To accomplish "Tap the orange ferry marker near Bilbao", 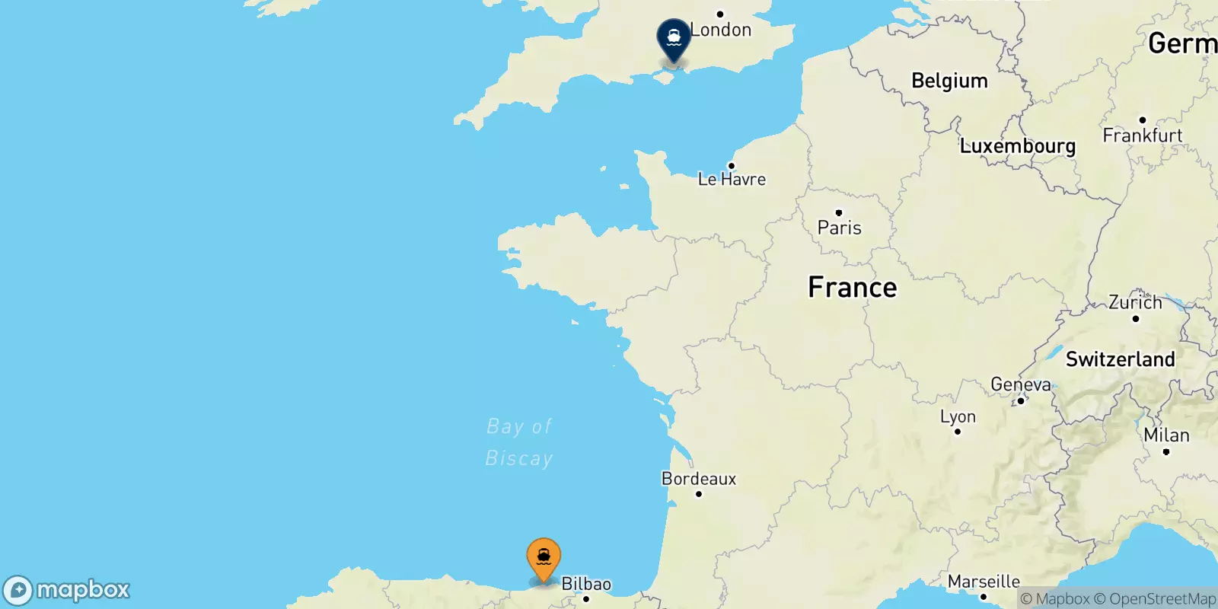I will pyautogui.click(x=544, y=558).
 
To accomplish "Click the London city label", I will pyautogui.click(x=721, y=30).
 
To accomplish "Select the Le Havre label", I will pyautogui.click(x=732, y=179).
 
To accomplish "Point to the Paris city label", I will pyautogui.click(x=839, y=228).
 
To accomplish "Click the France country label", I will pyautogui.click(x=852, y=288).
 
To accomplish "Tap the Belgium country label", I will pyautogui.click(x=949, y=81).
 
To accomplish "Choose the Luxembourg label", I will pyautogui.click(x=1017, y=145).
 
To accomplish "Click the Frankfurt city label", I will pyautogui.click(x=1142, y=136).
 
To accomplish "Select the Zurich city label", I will pyautogui.click(x=1135, y=302).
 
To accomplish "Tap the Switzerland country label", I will pyautogui.click(x=1120, y=359).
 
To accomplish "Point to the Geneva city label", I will pyautogui.click(x=1020, y=384).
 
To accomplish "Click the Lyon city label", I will pyautogui.click(x=958, y=416).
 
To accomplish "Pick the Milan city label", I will pyautogui.click(x=1166, y=435).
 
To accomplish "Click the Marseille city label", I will pyautogui.click(x=984, y=582).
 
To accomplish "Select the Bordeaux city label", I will pyautogui.click(x=699, y=479).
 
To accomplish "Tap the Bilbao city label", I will pyautogui.click(x=586, y=584).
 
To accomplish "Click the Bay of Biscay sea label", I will pyautogui.click(x=519, y=442).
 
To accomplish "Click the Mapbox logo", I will pyautogui.click(x=66, y=590).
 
